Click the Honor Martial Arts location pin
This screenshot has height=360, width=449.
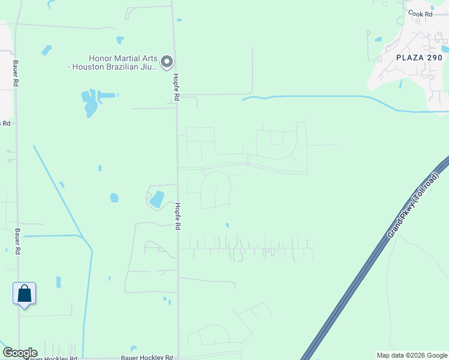point(167,61)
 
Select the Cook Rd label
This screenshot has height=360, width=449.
point(420,14)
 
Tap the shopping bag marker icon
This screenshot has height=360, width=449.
point(24,294)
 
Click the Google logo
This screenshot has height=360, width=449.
point(20,353)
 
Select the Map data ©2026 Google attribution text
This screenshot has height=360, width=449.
point(412,355)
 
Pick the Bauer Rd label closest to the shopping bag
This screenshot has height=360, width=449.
point(17,240)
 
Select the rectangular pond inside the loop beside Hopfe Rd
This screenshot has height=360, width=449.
point(156,199)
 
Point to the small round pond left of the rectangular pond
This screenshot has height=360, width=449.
point(114,197)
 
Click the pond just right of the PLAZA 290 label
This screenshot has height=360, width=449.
point(445,48)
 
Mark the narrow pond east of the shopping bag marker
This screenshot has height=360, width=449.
point(58,281)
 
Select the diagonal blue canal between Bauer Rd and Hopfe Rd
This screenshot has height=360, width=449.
point(60,192)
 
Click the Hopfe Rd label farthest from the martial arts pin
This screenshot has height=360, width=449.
point(178,216)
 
